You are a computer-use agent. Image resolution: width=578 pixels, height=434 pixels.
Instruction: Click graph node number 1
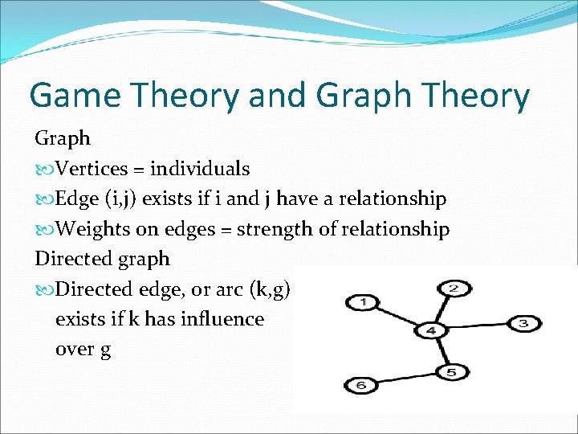point(364,303)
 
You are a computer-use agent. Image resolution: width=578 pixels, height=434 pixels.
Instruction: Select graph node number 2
point(454,288)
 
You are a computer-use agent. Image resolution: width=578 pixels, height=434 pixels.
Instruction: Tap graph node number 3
point(523,324)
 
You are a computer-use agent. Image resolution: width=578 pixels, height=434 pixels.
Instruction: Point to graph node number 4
point(432,330)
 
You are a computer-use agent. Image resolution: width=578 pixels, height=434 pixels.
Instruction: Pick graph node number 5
point(451,372)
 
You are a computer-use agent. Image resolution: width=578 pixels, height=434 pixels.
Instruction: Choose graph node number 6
point(361,386)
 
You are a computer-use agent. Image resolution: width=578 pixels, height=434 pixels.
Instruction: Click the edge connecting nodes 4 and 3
point(478,327)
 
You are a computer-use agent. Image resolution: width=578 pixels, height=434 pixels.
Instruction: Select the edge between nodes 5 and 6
point(406,379)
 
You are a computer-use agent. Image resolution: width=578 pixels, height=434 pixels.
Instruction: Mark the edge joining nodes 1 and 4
point(397,317)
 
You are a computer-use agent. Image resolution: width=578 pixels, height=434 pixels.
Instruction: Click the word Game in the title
point(76,96)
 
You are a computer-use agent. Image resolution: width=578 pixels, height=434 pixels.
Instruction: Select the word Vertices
point(92,169)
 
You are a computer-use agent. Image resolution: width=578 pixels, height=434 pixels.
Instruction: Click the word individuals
point(200,169)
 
